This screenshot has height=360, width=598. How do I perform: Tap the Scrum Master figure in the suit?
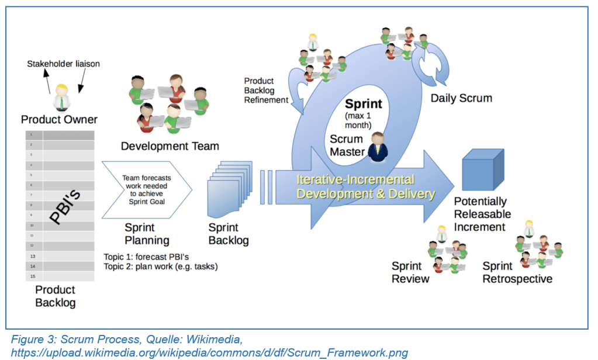click(378, 147)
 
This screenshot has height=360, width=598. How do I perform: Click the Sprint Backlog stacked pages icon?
click(230, 191)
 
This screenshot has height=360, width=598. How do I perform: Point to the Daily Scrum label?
click(461, 98)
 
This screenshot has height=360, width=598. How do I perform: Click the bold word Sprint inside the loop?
click(363, 104)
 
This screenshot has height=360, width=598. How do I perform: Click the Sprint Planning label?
click(147, 234)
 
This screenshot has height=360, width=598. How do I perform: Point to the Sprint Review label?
click(410, 272)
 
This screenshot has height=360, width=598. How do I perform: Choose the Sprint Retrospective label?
click(517, 272)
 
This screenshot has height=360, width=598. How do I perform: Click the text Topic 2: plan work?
click(160, 266)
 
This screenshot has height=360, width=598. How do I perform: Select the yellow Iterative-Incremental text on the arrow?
click(355, 179)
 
